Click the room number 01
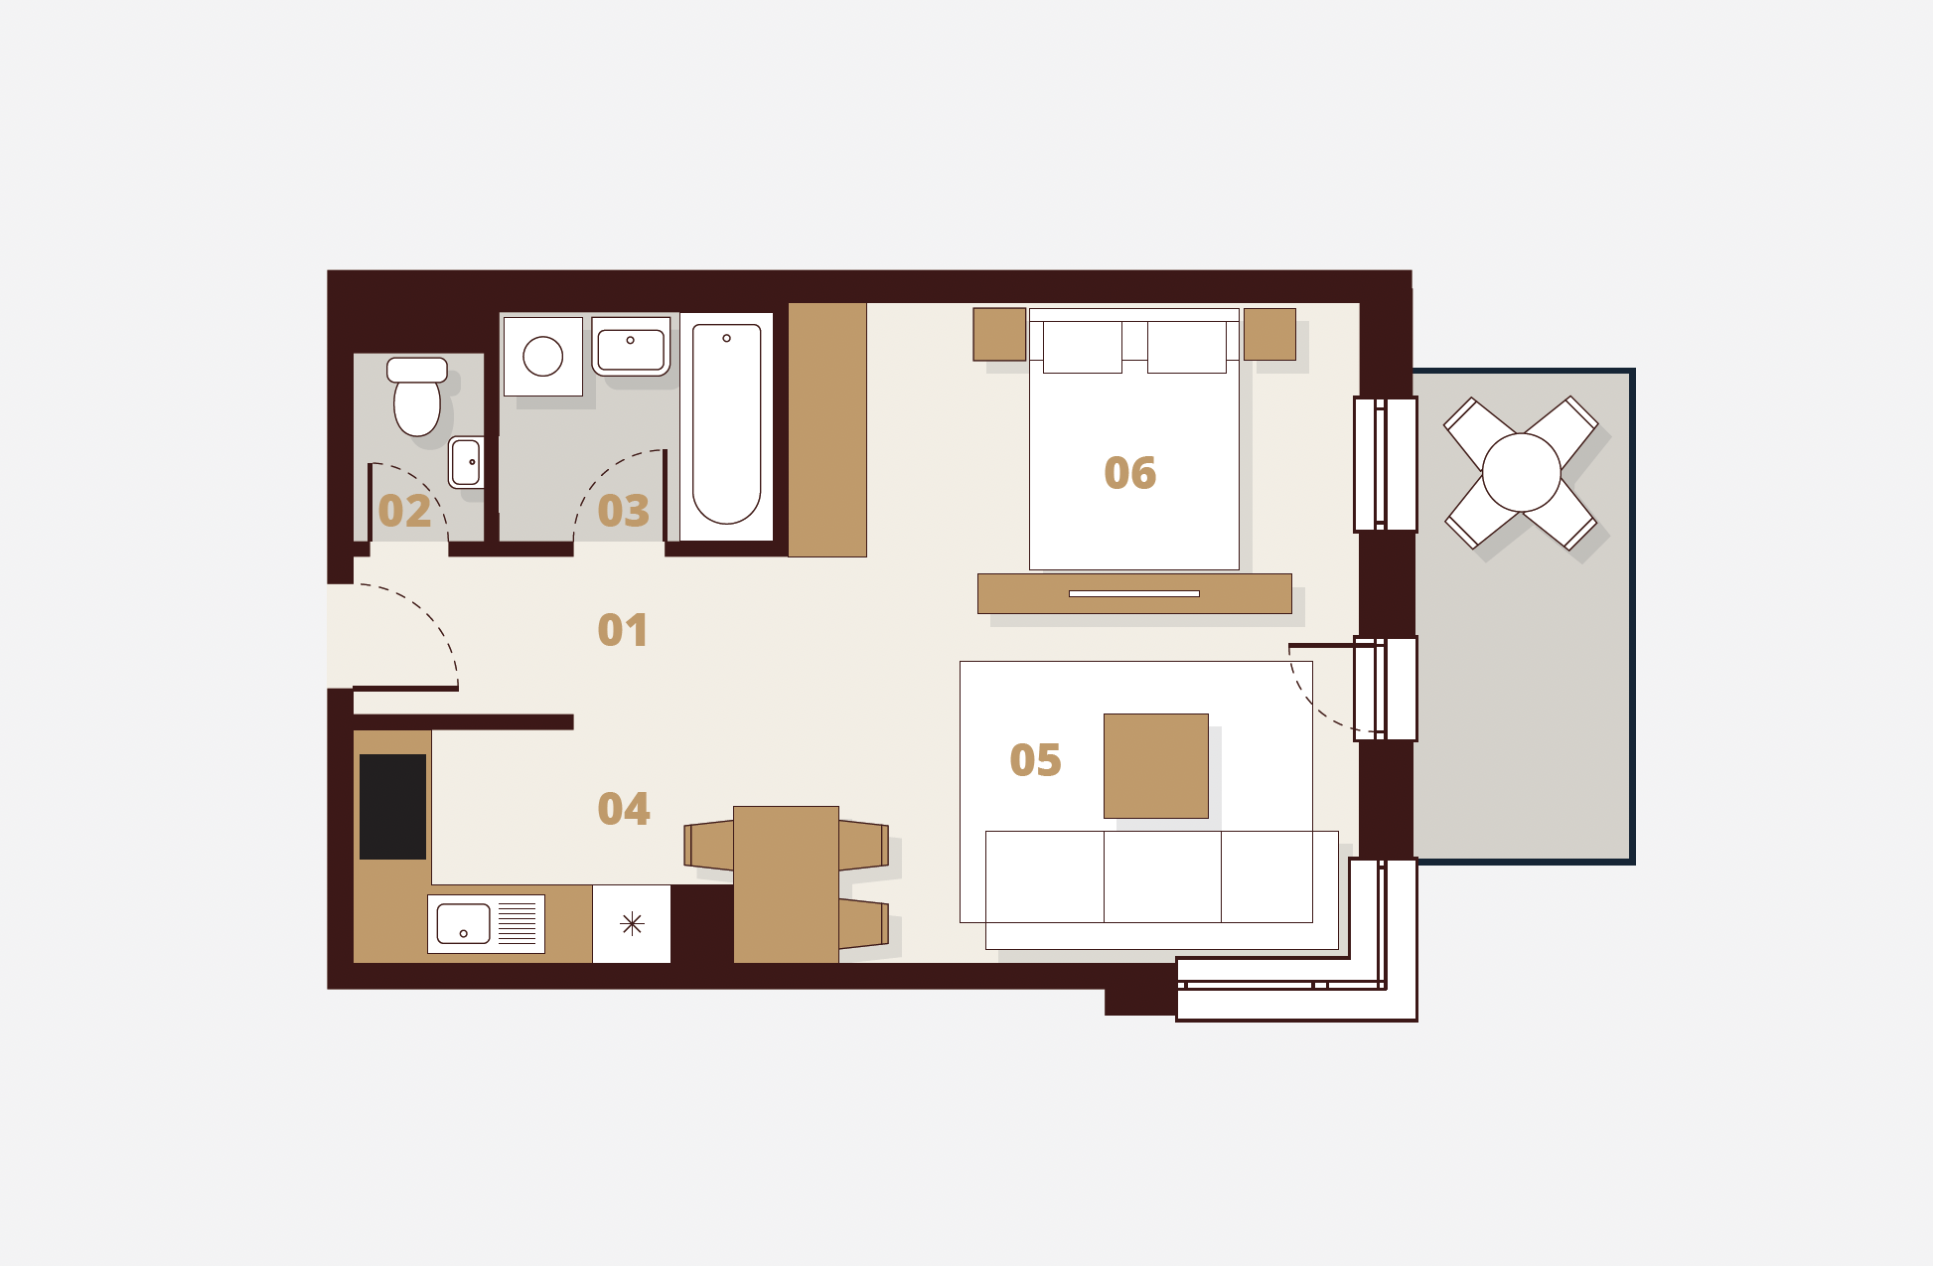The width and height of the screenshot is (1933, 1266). click(x=623, y=630)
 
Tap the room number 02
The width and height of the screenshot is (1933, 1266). click(x=404, y=511)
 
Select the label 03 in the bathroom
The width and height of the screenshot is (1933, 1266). click(x=623, y=511)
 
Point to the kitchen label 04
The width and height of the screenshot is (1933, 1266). click(x=624, y=809)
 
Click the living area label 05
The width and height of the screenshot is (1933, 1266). click(x=1035, y=760)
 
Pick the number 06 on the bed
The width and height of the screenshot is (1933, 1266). click(x=1130, y=473)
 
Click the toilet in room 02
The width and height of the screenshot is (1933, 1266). click(x=417, y=396)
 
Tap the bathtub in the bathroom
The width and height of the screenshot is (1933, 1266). click(x=726, y=425)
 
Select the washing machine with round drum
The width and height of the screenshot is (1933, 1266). click(x=542, y=356)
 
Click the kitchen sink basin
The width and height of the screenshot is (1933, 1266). click(x=463, y=924)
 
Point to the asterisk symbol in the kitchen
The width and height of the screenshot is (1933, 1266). click(x=632, y=924)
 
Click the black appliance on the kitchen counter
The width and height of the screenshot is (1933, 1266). click(x=392, y=807)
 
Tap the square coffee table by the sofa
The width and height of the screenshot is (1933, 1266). click(x=1156, y=766)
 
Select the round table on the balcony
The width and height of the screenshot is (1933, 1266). click(x=1522, y=473)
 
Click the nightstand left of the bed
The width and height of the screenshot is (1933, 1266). click(x=999, y=334)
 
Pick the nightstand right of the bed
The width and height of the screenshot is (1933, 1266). click(x=1269, y=334)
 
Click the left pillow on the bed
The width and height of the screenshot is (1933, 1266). click(x=1083, y=347)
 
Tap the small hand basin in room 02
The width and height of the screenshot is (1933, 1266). click(x=466, y=462)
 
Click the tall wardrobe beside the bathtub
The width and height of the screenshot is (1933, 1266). click(x=827, y=429)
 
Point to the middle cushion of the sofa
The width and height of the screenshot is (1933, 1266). click(x=1162, y=877)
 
